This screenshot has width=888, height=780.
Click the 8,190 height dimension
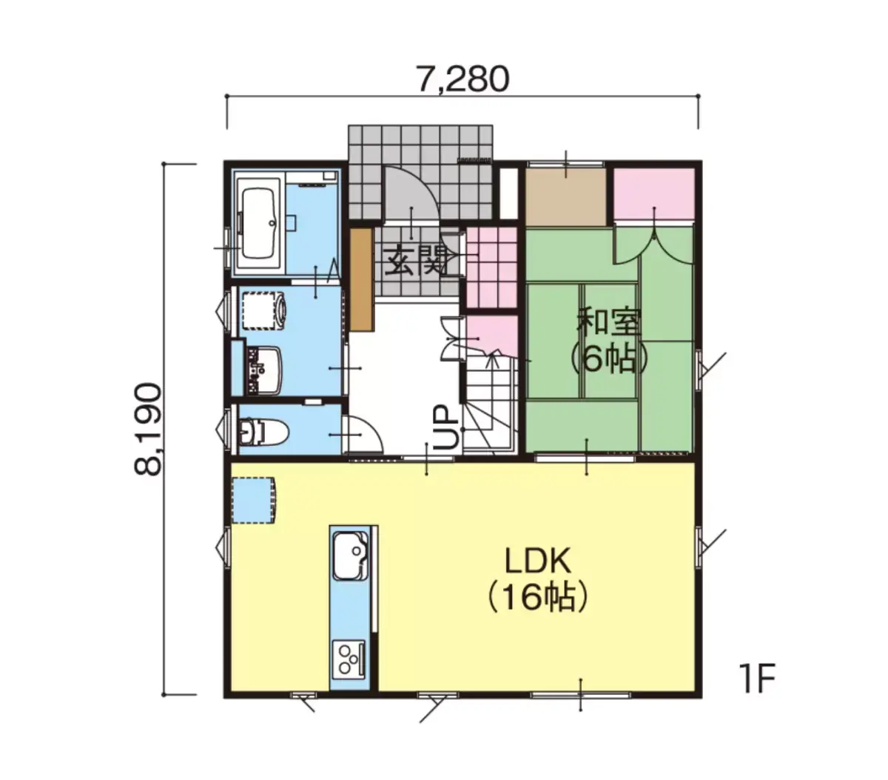(x=148, y=429)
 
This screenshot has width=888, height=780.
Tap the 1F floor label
(x=756, y=678)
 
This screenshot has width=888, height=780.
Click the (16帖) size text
(x=537, y=596)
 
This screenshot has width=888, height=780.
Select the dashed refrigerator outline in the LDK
(x=254, y=501)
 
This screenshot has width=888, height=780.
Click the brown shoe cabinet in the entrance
(x=362, y=279)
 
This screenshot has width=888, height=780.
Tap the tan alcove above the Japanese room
(x=565, y=196)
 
